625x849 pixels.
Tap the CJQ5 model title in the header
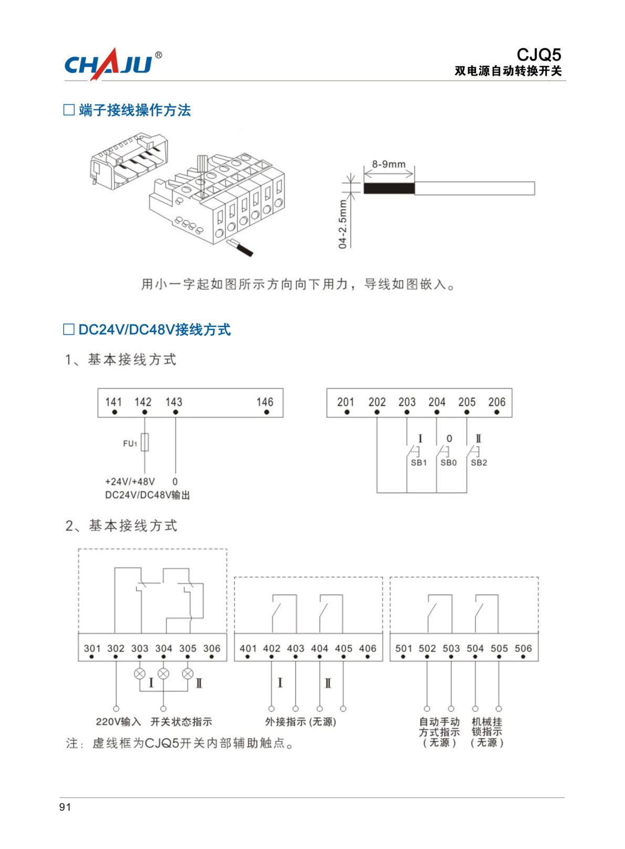coord(539,55)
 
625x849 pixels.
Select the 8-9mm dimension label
coord(389,164)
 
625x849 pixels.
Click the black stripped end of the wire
coord(389,189)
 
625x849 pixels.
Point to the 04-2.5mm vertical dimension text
coord(342,224)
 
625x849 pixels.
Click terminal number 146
coord(265,402)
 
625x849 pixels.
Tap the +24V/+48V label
coord(130,481)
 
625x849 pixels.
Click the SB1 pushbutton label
coord(419,463)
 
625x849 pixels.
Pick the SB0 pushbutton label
coord(449,463)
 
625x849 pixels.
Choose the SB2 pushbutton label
coord(479,463)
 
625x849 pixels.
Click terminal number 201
coord(346,402)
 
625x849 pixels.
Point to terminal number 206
coord(497,402)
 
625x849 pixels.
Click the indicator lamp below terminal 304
coord(164,674)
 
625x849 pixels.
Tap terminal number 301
coord(92,648)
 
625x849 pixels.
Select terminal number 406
coord(368,648)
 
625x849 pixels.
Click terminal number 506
coord(523,648)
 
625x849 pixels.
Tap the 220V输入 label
coord(118,722)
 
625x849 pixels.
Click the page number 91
coord(65,807)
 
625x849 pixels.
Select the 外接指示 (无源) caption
coord(300,722)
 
